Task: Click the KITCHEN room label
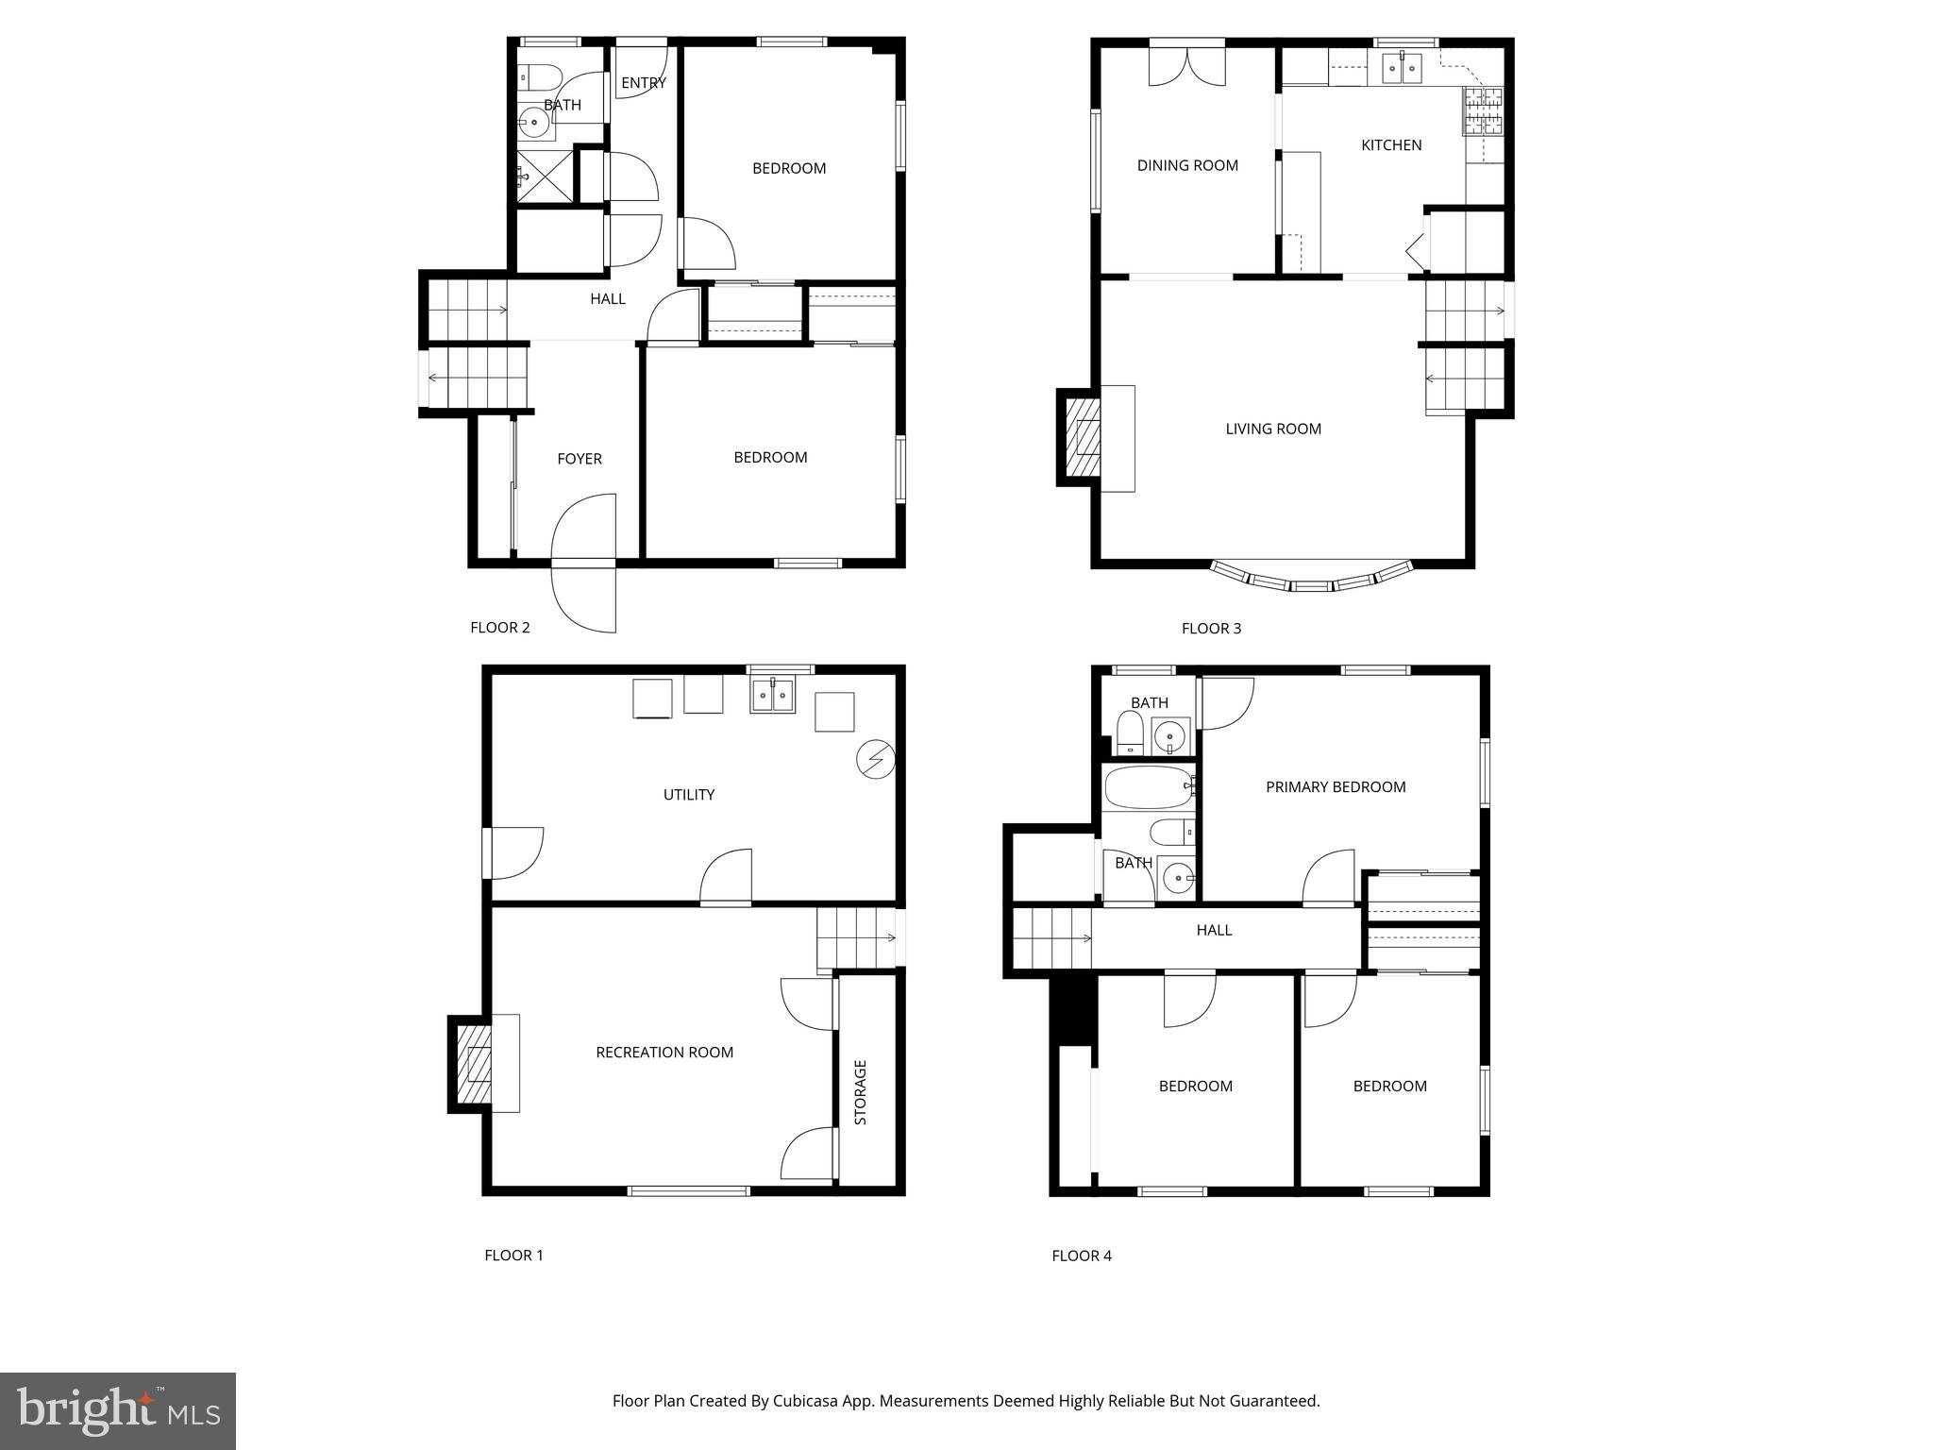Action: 1390,144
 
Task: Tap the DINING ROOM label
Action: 1186,165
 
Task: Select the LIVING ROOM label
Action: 1272,429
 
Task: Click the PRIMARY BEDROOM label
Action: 1335,786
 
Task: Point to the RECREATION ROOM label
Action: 664,1052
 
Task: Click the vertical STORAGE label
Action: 860,1092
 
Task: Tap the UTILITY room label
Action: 688,794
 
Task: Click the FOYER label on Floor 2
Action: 579,459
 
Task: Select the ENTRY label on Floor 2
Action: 643,83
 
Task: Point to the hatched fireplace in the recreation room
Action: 476,1063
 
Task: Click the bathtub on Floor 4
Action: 1149,787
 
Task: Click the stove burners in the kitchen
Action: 1483,111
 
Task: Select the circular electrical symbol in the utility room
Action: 875,760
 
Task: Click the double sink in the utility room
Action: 773,696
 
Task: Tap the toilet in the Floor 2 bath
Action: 541,76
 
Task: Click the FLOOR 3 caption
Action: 1211,628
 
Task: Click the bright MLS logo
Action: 118,1411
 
